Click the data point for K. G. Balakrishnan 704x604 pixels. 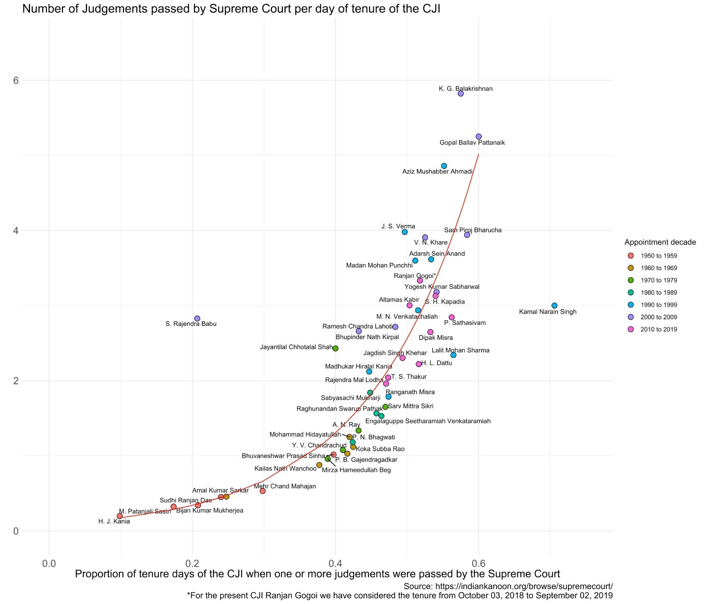tap(461, 94)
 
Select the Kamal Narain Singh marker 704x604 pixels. tap(554, 305)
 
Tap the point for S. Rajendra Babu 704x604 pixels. tap(197, 318)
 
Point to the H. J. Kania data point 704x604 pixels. tap(119, 516)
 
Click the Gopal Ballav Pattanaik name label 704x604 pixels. tap(472, 143)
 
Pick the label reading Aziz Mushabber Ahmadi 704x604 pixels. tap(437, 172)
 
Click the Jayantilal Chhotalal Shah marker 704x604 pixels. tap(336, 348)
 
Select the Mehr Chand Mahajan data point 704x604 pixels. tap(262, 491)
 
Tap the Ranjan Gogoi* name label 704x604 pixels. tap(414, 276)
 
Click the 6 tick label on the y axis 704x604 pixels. tap(16, 80)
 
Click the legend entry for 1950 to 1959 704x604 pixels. tap(659, 256)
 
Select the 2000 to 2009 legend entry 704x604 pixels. tap(659, 317)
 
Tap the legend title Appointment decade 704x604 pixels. tap(660, 242)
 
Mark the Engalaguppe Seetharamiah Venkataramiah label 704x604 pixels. tap(428, 421)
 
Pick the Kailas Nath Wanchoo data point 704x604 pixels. tap(319, 465)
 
